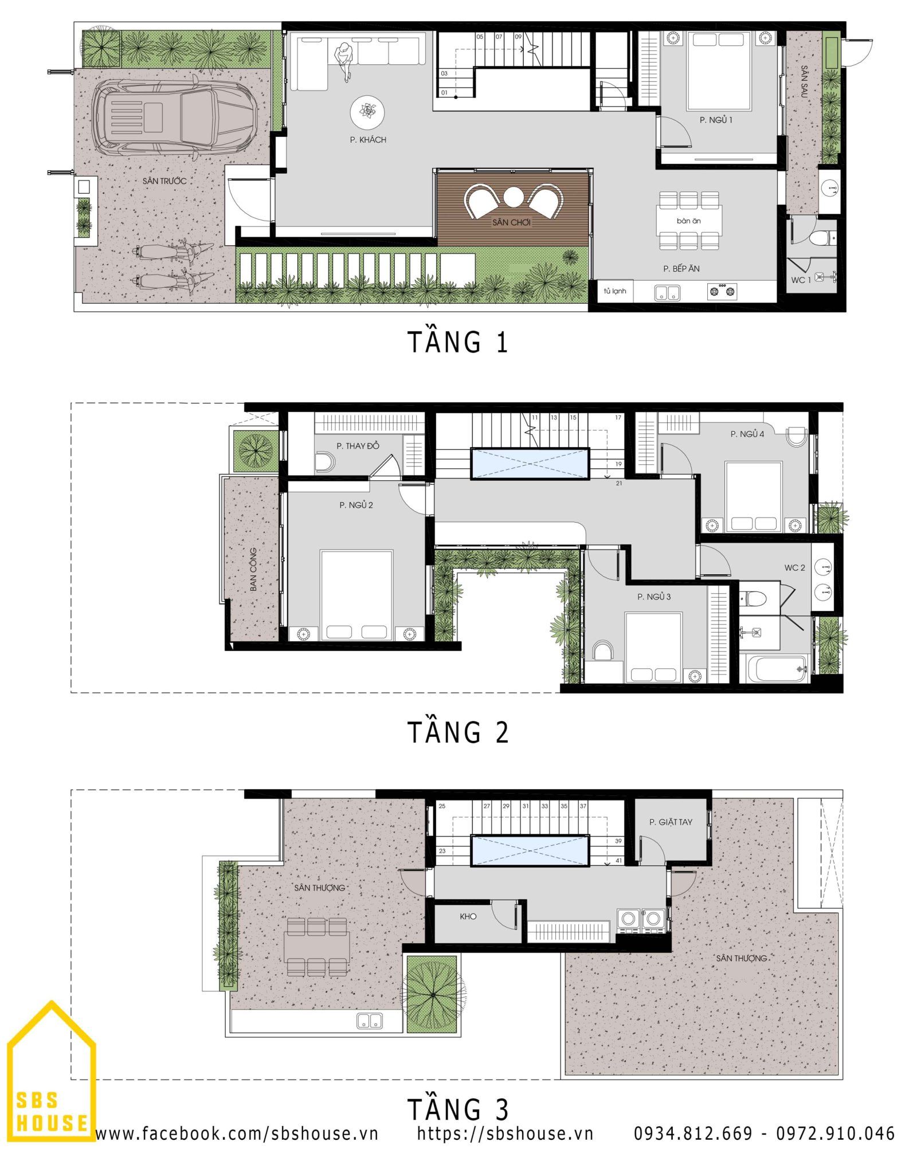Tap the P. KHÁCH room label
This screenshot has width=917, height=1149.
click(368, 140)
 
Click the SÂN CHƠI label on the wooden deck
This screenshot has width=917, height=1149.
click(511, 222)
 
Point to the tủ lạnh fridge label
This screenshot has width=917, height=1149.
click(614, 291)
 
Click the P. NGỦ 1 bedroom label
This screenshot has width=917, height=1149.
click(716, 120)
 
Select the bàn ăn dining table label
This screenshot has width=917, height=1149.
click(688, 221)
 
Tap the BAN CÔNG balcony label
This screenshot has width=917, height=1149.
click(253, 570)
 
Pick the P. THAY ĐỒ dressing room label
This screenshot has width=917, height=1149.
click(358, 446)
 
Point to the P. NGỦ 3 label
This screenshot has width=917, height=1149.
click(654, 597)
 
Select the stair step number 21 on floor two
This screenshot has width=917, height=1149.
click(619, 483)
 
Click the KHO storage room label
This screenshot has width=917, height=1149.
click(468, 916)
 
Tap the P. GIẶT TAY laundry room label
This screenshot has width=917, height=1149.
click(671, 822)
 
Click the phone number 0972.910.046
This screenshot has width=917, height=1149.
click(836, 1133)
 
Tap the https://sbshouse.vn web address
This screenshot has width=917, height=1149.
click(505, 1133)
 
